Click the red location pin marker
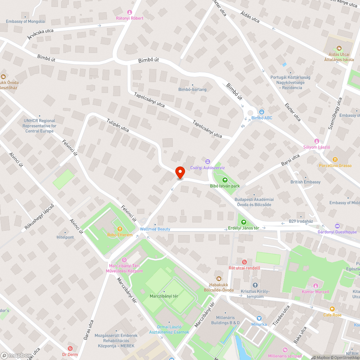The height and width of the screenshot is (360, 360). (x=180, y=172)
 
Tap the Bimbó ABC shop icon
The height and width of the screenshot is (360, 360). (x=261, y=112)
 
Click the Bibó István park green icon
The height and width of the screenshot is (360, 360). (x=225, y=180)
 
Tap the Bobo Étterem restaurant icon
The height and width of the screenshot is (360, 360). (x=120, y=229)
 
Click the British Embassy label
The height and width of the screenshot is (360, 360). (x=305, y=182)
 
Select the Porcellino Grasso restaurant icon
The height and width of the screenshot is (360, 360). (x=335, y=159)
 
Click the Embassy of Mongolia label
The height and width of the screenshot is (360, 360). (x=25, y=22)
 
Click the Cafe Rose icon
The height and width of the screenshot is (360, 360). (x=332, y=309)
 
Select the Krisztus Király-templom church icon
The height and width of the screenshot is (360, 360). (x=255, y=285)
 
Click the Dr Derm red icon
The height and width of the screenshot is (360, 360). (x=70, y=348)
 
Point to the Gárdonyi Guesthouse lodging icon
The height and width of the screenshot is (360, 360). (x=337, y=226)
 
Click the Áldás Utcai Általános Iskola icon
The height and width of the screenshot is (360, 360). (x=338, y=48)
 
